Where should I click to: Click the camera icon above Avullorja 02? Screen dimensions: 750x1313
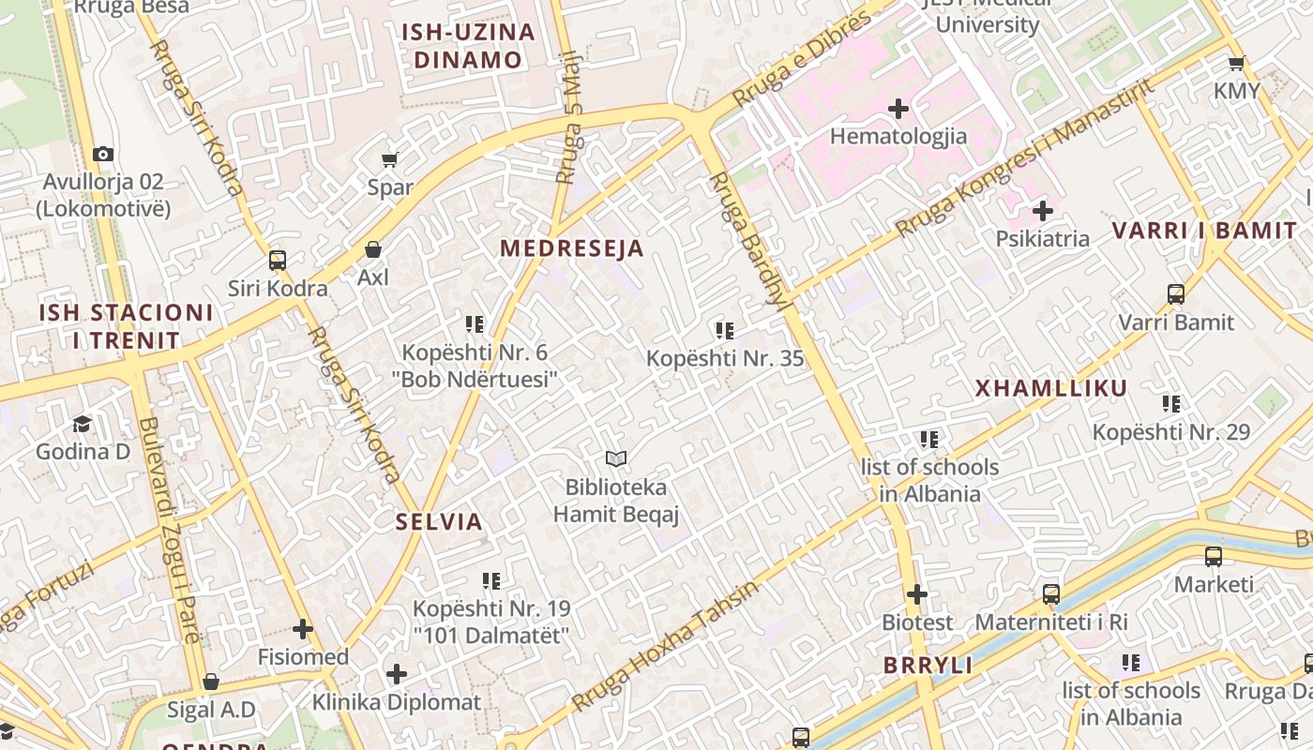click(x=103, y=154)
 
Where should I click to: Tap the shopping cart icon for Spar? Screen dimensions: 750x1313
click(x=390, y=159)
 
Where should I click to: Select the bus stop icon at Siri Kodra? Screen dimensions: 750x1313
click(x=278, y=260)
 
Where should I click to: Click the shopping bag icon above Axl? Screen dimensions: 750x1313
click(x=373, y=249)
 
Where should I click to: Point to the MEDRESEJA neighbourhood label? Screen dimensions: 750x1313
click(x=572, y=248)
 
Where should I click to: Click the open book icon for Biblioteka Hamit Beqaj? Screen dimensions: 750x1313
click(x=616, y=458)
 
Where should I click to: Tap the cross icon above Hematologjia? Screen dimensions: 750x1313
click(x=898, y=109)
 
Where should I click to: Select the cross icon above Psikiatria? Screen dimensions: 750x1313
click(x=1042, y=211)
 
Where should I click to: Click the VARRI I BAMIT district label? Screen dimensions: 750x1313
click(x=1204, y=231)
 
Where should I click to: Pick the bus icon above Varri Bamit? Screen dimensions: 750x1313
click(x=1176, y=294)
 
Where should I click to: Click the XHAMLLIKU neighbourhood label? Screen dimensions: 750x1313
click(x=1050, y=388)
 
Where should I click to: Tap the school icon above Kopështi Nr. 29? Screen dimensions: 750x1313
click(x=1171, y=404)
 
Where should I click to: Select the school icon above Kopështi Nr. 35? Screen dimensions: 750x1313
click(x=724, y=330)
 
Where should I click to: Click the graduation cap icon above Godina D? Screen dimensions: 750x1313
click(x=83, y=424)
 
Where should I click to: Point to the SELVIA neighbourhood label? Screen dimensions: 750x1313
click(x=439, y=522)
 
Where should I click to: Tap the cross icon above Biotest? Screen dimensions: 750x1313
click(x=917, y=594)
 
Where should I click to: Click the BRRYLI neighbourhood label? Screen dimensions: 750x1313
click(x=928, y=666)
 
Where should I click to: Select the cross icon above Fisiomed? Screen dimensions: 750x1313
click(x=302, y=629)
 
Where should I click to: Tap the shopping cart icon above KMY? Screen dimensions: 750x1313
click(x=1236, y=64)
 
